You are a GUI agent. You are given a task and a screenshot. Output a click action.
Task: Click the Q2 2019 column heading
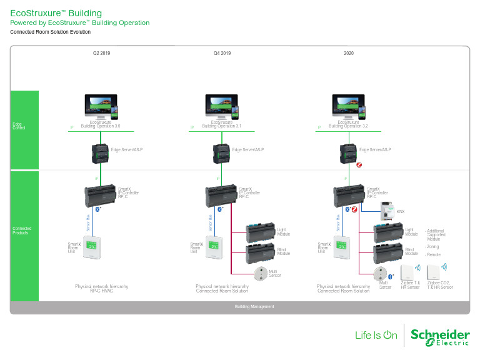[x=101, y=54]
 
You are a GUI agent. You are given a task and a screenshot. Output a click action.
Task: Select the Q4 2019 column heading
[x=222, y=54]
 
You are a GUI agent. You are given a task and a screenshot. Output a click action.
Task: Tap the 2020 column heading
[x=349, y=54]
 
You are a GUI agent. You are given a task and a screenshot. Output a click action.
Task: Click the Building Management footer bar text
[x=254, y=306]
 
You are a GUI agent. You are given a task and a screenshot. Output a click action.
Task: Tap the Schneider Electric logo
[x=440, y=336]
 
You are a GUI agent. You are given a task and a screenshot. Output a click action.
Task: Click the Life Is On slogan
[x=376, y=336]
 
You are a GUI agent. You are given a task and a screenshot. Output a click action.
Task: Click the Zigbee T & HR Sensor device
[x=408, y=272]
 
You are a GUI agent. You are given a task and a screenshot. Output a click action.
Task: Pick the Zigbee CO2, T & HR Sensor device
[x=436, y=272]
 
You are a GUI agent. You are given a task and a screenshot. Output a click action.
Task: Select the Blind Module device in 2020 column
[x=387, y=254]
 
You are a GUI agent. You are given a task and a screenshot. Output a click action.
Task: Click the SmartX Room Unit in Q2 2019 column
[x=91, y=247]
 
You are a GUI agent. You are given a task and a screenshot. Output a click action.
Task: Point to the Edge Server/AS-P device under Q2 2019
[x=100, y=151]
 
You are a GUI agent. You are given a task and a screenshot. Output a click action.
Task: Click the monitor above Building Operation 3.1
[x=220, y=106]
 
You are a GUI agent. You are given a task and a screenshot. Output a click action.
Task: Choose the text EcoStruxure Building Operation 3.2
[x=348, y=124]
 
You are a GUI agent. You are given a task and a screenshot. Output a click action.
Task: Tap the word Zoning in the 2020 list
[x=432, y=247]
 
